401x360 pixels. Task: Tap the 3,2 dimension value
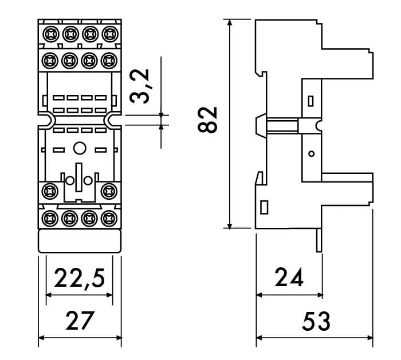tap(139, 86)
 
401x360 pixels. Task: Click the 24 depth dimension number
tap(289, 278)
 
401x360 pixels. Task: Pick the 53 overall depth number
tap(316, 322)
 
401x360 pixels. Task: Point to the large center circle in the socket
tap(80, 149)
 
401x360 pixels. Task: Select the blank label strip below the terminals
tap(80, 241)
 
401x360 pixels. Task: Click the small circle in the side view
tap(311, 153)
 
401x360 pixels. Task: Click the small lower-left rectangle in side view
tap(264, 207)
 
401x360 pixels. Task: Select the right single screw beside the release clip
tap(108, 191)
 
